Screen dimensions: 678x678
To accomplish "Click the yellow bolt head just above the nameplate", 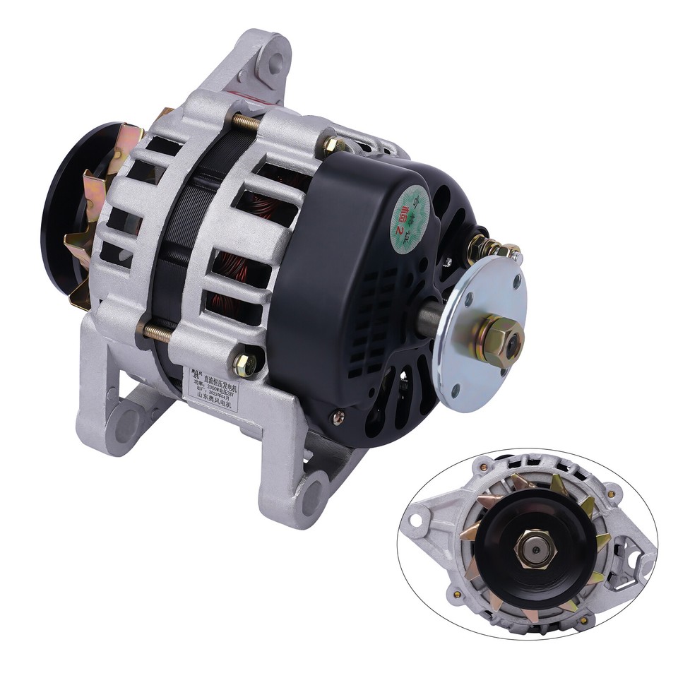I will point(244,363).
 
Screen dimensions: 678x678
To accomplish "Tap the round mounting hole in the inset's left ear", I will point(417,523).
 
